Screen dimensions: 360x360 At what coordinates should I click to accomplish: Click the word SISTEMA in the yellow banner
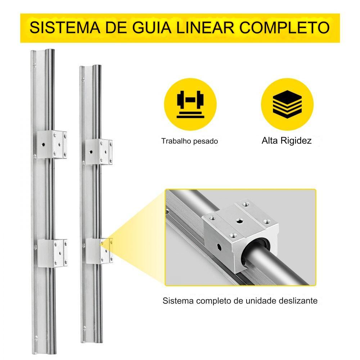[x=65, y=28]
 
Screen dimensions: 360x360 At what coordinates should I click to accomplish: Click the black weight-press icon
[x=190, y=104]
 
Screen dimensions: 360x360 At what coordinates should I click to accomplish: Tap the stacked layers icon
[x=287, y=104]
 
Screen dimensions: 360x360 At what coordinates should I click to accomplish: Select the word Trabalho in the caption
[x=176, y=141]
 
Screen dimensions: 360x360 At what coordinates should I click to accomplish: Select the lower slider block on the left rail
[x=52, y=253]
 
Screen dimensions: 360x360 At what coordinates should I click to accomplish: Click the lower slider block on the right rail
[x=99, y=251]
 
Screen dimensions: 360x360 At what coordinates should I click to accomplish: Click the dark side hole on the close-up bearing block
[x=220, y=247]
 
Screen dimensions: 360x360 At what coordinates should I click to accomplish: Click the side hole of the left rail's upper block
[x=43, y=145]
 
